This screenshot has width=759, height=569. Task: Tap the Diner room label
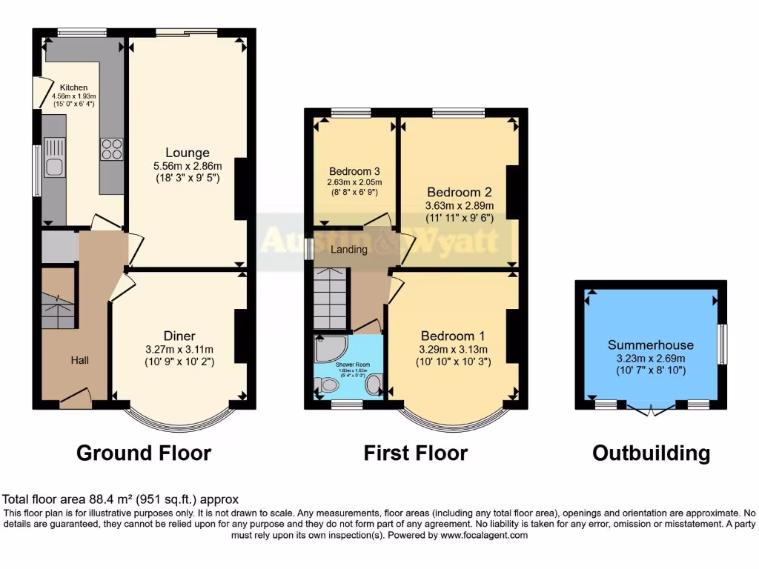point(180,336)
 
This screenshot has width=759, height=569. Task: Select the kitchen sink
point(53,167)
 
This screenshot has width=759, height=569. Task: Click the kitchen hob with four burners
point(111,149)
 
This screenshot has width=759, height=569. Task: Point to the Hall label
point(80,360)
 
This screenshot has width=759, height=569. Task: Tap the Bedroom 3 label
point(354,169)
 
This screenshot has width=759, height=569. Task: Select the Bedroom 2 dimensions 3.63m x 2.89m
point(460,205)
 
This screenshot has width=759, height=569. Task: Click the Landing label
point(348,250)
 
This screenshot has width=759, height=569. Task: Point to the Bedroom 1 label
point(452,334)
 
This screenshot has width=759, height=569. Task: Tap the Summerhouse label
point(651,345)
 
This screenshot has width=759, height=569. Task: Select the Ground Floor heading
point(144,453)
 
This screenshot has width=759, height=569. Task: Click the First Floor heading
point(415,453)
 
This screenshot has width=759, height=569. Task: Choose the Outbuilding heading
point(651,453)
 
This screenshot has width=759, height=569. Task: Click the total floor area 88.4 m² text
point(121,500)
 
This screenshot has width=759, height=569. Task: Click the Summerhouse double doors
point(651,407)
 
